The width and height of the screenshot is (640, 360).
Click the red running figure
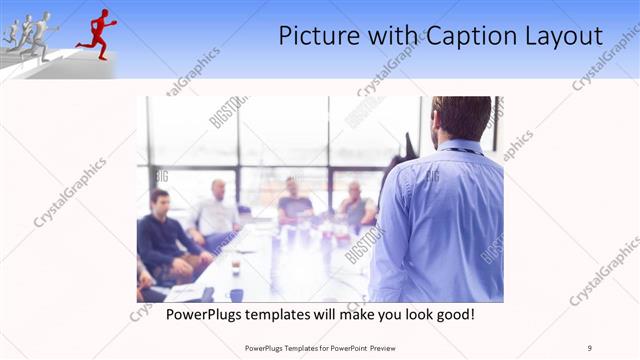97,32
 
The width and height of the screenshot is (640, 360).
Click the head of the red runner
103,13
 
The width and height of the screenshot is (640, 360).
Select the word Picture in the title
319,37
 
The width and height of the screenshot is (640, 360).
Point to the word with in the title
393,37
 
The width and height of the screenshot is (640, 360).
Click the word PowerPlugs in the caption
202,315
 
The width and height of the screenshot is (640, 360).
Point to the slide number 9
591,348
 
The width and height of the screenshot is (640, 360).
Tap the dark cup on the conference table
236,294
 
